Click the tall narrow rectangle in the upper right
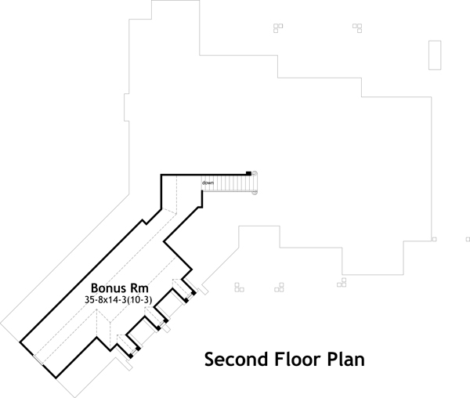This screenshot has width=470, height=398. (x=433, y=55)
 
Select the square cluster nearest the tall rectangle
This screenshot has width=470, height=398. (x=357, y=27)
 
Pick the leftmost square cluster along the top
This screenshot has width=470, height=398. (x=277, y=27)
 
